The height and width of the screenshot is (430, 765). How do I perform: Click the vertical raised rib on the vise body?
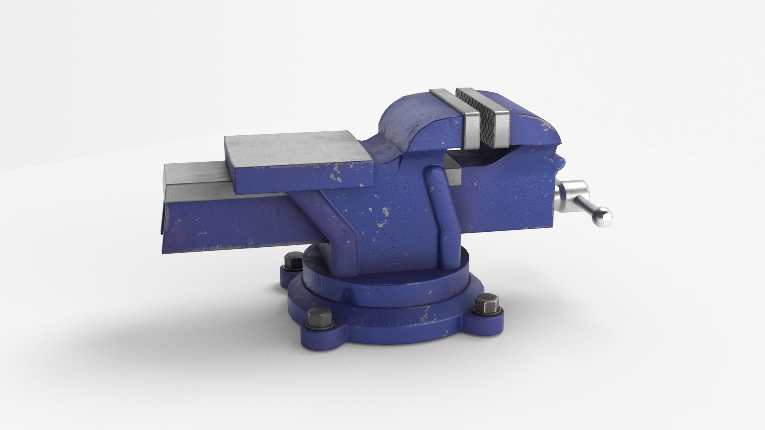pos(440,215)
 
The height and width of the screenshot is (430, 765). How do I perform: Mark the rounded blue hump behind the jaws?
pos(410,119)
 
